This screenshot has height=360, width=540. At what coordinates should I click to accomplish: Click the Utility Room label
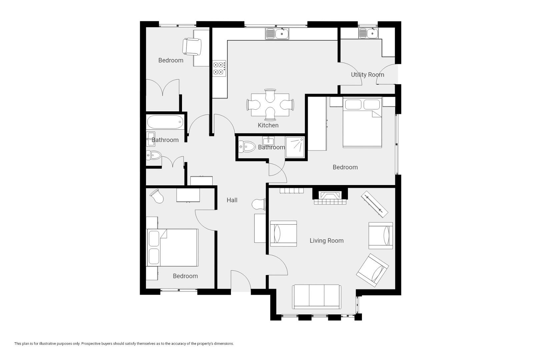click(367, 75)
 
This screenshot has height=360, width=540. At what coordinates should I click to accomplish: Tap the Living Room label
click(326, 241)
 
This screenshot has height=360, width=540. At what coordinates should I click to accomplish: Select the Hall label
click(232, 200)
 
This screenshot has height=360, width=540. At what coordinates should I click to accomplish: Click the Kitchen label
click(268, 125)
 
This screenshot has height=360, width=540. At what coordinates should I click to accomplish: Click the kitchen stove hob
click(219, 68)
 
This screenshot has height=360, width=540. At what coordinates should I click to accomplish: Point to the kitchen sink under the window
click(277, 34)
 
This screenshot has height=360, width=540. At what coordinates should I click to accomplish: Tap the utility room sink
click(368, 33)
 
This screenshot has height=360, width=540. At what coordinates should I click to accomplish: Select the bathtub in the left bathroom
click(165, 122)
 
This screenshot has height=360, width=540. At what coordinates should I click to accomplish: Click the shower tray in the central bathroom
click(295, 147)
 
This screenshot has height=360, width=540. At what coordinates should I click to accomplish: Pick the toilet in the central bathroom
click(247, 147)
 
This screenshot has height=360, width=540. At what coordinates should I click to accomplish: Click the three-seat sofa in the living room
click(317, 297)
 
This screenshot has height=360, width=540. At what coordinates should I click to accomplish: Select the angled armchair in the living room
click(372, 270)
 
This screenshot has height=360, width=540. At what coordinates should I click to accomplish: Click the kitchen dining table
click(270, 105)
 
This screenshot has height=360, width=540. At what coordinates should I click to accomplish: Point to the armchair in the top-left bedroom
click(192, 47)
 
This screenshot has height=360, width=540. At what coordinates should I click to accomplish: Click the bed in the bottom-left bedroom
click(172, 247)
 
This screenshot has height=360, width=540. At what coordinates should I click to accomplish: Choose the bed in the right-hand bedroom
click(362, 122)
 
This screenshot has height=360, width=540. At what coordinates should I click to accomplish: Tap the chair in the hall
click(259, 204)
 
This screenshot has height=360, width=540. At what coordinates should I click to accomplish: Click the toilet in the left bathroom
click(154, 155)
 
